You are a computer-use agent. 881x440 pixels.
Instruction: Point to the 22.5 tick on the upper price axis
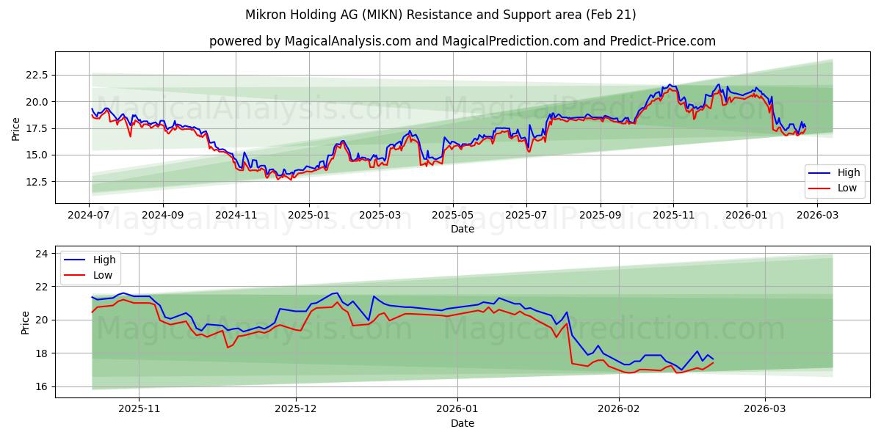coord(37,75)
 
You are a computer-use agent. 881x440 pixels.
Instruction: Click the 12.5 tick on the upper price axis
coord(37,182)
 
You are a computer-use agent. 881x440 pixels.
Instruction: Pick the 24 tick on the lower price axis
coord(43,254)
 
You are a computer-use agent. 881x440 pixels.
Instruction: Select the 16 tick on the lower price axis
coord(43,386)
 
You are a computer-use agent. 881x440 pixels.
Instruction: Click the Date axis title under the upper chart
coord(463,229)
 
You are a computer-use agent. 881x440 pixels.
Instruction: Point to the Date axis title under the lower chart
coord(463,423)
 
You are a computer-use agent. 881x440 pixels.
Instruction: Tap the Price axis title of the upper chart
coord(16,128)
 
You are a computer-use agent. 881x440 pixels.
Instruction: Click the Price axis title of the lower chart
coord(26,323)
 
